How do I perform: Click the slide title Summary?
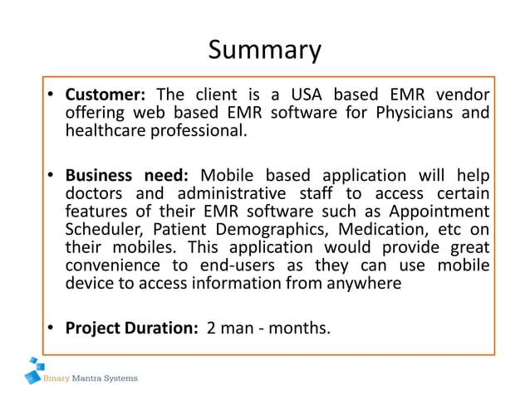point(264,51)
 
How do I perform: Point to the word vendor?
point(462,94)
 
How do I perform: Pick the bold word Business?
point(98,175)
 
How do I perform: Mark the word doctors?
point(94,193)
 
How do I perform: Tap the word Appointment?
point(438,212)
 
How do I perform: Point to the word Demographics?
point(264,230)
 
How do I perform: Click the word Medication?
point(388,230)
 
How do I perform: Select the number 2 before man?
point(211,329)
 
